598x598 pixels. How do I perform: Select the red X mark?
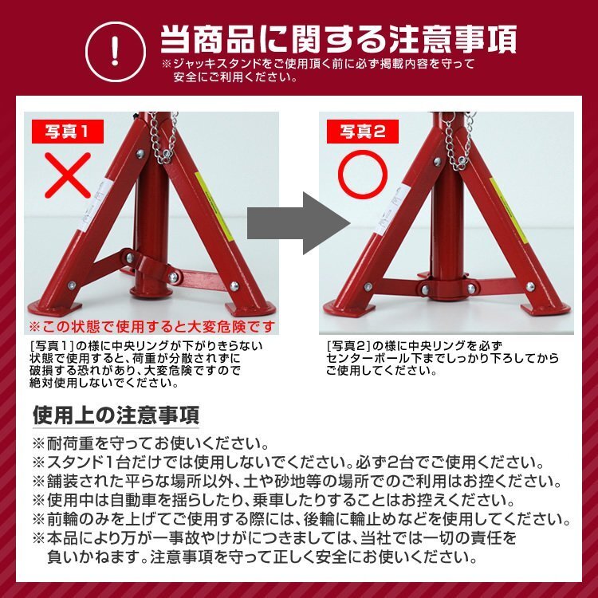pos(67,175)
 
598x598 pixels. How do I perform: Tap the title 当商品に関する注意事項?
pos(338,38)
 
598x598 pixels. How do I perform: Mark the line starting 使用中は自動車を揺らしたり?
pos(271,501)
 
